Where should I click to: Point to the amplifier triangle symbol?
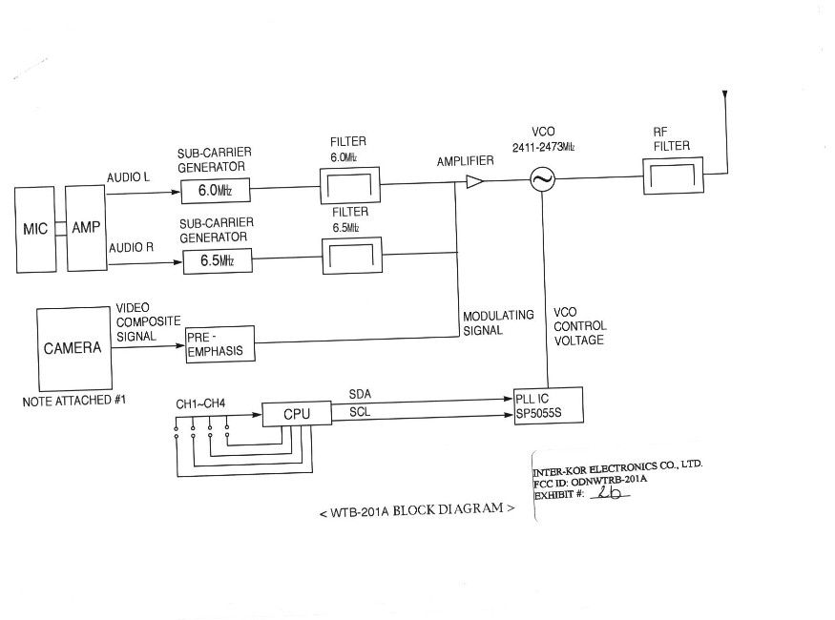click(x=474, y=181)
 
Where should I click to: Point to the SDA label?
click(x=360, y=394)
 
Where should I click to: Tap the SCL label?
click(x=360, y=412)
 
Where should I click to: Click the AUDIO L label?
click(x=128, y=177)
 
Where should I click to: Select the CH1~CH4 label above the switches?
click(x=200, y=403)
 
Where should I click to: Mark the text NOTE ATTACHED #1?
click(x=74, y=401)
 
